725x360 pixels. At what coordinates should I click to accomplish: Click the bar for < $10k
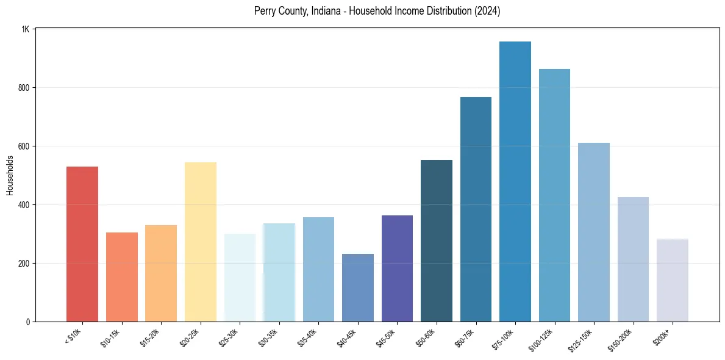click(82, 244)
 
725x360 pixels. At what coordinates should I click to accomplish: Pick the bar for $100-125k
click(554, 195)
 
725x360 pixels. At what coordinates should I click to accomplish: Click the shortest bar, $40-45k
click(358, 287)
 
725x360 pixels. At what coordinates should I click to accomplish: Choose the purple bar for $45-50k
click(397, 268)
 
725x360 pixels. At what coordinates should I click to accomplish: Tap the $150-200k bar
click(633, 259)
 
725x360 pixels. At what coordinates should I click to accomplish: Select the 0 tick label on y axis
click(28, 322)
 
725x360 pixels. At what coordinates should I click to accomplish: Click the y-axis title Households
click(10, 175)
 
